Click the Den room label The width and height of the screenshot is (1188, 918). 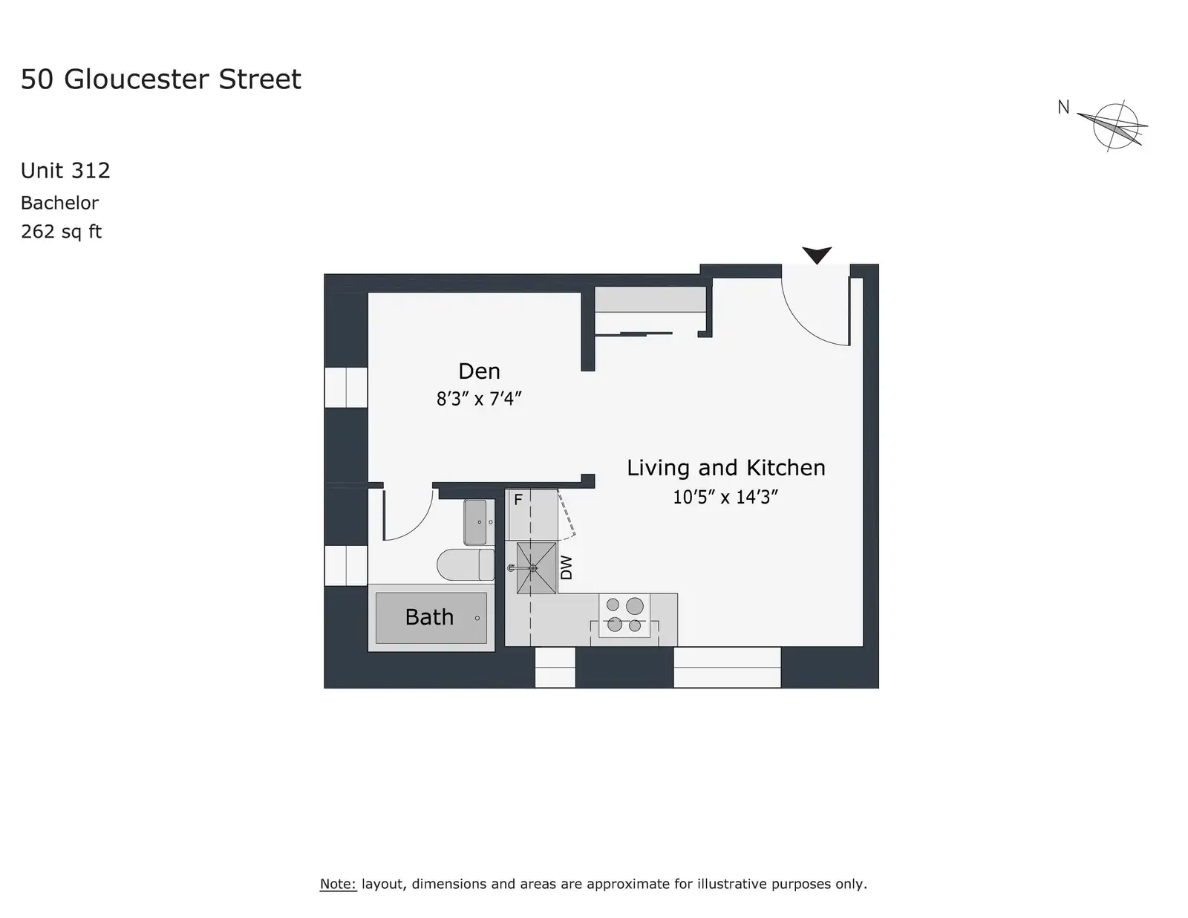479,371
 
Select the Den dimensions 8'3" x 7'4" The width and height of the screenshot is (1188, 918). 479,399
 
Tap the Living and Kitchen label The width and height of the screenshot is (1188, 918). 725,468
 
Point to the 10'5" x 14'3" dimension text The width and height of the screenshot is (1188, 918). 725,497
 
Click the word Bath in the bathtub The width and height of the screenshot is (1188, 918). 429,617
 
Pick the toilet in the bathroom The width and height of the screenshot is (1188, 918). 466,564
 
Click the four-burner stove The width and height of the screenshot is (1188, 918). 624,615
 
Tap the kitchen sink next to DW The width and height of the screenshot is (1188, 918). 536,568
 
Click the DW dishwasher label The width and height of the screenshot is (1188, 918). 567,567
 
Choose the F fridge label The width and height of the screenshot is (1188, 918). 518,499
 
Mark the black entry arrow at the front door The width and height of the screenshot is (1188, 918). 817,255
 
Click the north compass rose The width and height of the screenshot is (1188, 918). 1115,126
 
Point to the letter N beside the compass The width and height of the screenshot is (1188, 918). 1063,107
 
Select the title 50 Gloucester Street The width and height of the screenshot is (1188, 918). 160,79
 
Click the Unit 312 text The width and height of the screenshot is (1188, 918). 65,171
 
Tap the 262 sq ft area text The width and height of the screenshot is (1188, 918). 61,232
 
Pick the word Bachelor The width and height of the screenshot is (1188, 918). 59,203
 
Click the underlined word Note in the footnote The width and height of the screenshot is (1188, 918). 338,884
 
